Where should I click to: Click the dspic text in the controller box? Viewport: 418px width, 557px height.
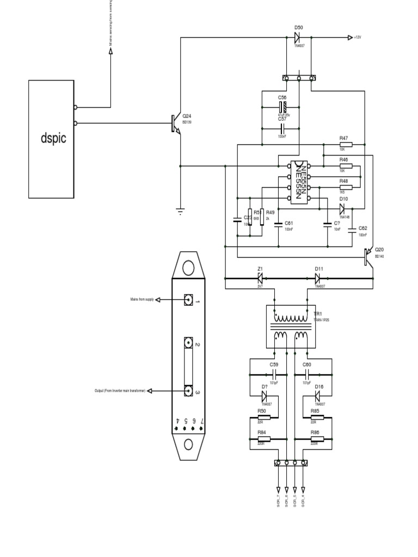click(53, 138)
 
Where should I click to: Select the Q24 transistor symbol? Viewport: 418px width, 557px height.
click(174, 123)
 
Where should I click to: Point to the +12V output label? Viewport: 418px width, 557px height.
click(357, 38)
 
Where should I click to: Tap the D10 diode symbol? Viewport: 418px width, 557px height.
click(343, 207)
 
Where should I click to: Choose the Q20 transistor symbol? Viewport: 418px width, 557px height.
click(367, 256)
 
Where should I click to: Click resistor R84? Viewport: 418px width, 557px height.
click(263, 438)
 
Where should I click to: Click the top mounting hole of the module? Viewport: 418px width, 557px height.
click(188, 268)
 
